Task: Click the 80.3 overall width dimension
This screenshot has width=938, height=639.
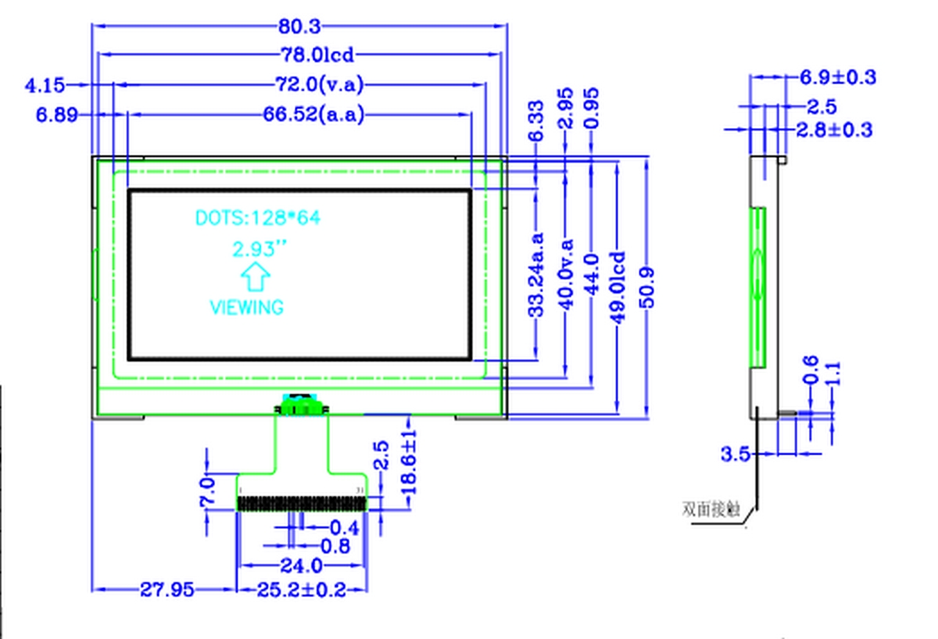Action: click(299, 27)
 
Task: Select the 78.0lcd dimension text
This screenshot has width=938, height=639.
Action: click(318, 55)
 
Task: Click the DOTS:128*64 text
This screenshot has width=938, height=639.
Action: click(257, 218)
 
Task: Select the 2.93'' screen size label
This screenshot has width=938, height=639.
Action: click(259, 249)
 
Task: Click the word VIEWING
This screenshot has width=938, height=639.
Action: click(247, 307)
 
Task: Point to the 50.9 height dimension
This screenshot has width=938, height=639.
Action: click(648, 287)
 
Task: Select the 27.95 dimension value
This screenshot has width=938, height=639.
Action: click(166, 590)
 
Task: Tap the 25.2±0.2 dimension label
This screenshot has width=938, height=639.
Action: click(301, 590)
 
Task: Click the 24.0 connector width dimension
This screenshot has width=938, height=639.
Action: click(301, 565)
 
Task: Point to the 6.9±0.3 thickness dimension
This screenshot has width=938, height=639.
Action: click(836, 77)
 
